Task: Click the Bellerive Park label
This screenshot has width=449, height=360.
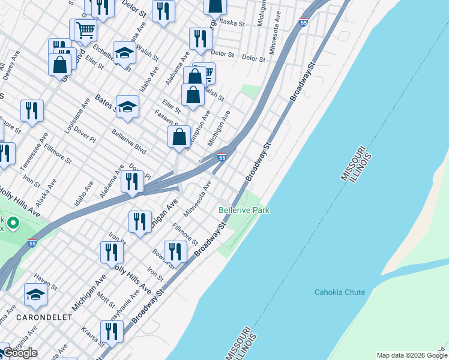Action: click(244, 211)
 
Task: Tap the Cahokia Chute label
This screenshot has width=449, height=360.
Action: click(339, 292)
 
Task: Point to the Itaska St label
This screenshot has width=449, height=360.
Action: click(232, 23)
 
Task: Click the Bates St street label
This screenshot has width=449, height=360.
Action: click(105, 103)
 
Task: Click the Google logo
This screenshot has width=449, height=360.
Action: click(20, 353)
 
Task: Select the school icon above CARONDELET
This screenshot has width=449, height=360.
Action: click(36, 294)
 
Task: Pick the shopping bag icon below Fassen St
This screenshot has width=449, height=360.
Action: click(179, 137)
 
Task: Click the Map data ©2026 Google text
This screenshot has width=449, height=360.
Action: click(412, 355)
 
